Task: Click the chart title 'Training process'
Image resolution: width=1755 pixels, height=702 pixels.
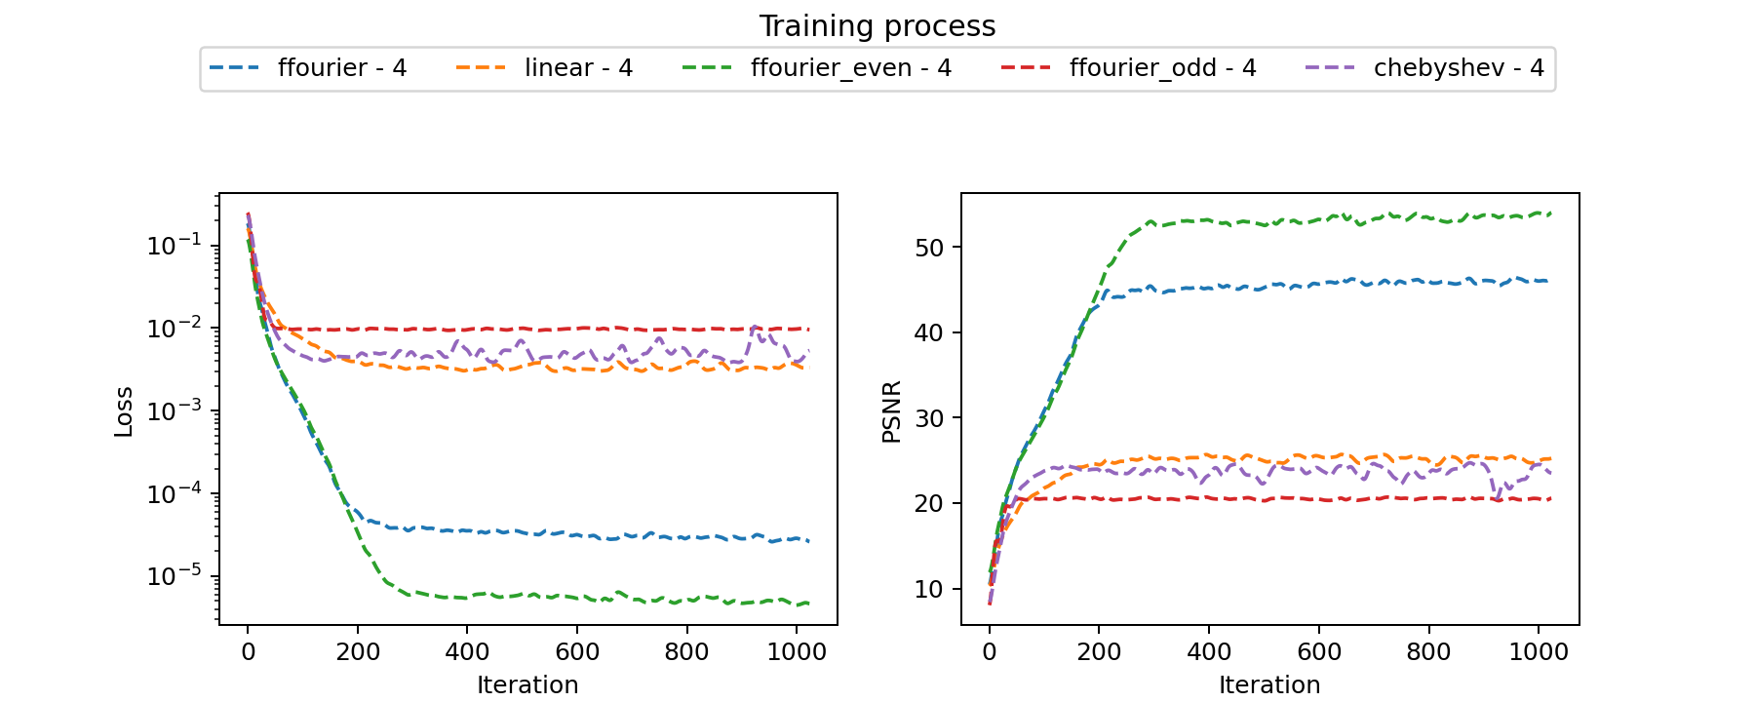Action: (x=877, y=26)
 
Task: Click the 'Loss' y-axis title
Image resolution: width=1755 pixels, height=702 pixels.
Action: (x=124, y=411)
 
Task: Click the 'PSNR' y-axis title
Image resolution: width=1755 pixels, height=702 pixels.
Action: (x=891, y=411)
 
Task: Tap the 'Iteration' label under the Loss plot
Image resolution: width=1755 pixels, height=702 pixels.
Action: (x=527, y=684)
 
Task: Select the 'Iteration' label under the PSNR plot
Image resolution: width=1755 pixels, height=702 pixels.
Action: (x=1269, y=684)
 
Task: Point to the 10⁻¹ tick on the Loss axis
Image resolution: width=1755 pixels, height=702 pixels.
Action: (x=175, y=245)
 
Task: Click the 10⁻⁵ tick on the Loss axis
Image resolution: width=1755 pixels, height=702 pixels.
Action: (x=175, y=576)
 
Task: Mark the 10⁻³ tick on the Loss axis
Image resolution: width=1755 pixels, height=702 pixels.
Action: (x=175, y=410)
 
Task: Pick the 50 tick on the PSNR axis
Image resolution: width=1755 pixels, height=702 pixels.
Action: (x=930, y=248)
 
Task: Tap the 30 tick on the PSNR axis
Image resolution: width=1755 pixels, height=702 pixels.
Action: (x=930, y=418)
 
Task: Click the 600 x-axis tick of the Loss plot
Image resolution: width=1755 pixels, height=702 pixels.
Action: (x=577, y=651)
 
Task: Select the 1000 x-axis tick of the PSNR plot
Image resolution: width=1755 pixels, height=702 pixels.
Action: (x=1539, y=651)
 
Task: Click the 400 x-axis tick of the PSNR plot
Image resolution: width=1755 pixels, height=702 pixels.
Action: (x=1209, y=651)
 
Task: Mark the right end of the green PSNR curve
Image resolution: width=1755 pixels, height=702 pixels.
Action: (x=1550, y=213)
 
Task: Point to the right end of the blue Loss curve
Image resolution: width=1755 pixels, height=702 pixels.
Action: (x=808, y=541)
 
